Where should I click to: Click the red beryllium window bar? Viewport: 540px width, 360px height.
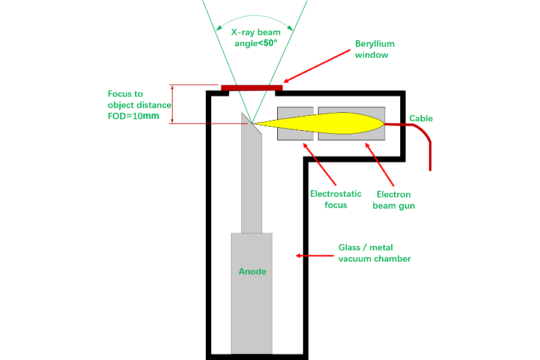coord(251,88)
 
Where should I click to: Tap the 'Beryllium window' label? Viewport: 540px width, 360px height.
coord(374,49)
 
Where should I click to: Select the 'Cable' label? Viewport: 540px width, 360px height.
coord(421,118)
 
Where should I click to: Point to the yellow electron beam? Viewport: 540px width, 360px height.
coord(336,124)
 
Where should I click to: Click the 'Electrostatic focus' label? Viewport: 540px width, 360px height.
coord(336,199)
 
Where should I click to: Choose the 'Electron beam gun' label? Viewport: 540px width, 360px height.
coord(394,200)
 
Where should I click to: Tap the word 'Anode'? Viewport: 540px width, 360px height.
coord(252,271)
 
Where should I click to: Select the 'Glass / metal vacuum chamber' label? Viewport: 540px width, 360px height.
coord(374,253)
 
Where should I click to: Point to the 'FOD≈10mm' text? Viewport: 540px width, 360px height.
coord(133,116)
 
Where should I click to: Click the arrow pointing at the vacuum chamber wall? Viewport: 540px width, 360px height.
coord(313,256)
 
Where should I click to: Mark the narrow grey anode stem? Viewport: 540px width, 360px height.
coord(252,186)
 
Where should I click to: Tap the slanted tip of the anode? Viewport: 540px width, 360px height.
coord(247,118)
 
